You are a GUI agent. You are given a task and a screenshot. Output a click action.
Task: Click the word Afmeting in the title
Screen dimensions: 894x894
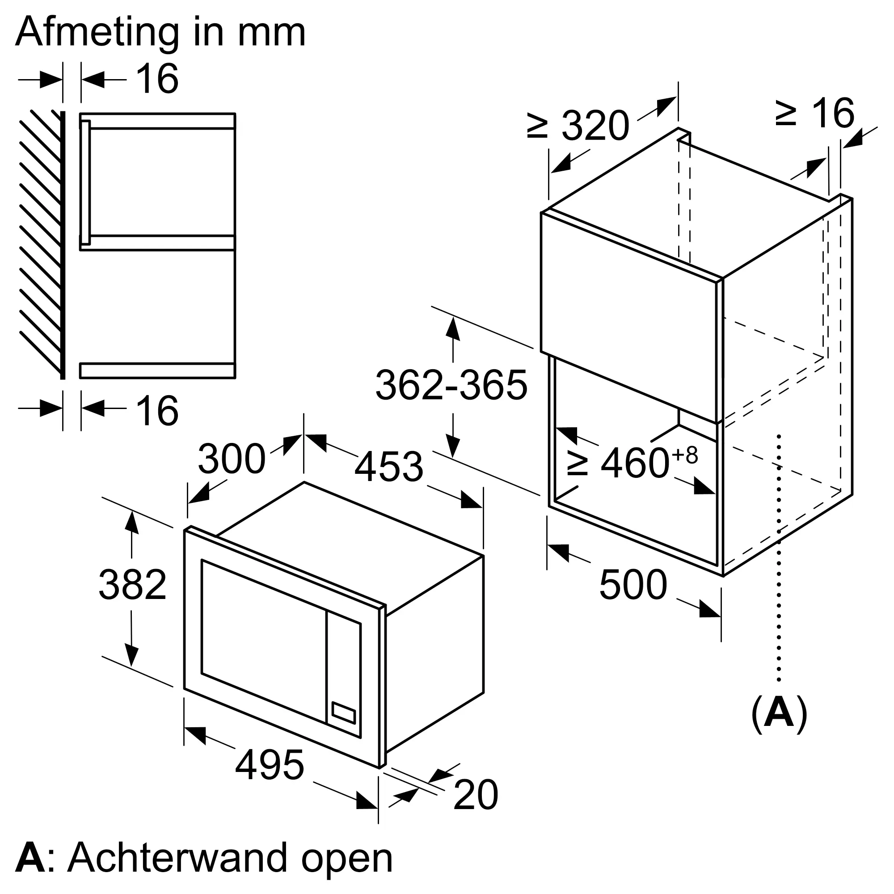coord(97,34)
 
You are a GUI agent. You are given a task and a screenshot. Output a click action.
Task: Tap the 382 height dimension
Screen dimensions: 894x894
coord(132,585)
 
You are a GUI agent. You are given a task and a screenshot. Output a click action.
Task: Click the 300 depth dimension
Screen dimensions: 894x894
coord(232,459)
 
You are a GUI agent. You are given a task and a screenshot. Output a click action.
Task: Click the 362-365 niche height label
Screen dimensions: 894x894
coord(451,385)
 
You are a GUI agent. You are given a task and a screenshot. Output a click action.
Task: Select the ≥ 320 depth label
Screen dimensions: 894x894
coord(578,126)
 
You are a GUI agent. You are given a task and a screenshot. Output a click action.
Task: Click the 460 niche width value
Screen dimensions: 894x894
coord(635,463)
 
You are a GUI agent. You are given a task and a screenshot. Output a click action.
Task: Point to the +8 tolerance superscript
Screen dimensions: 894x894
coord(685,455)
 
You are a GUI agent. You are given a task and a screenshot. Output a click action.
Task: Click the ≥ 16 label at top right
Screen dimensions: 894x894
coord(814,114)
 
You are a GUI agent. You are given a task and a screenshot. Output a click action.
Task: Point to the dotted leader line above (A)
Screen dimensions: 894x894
coord(779,565)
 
